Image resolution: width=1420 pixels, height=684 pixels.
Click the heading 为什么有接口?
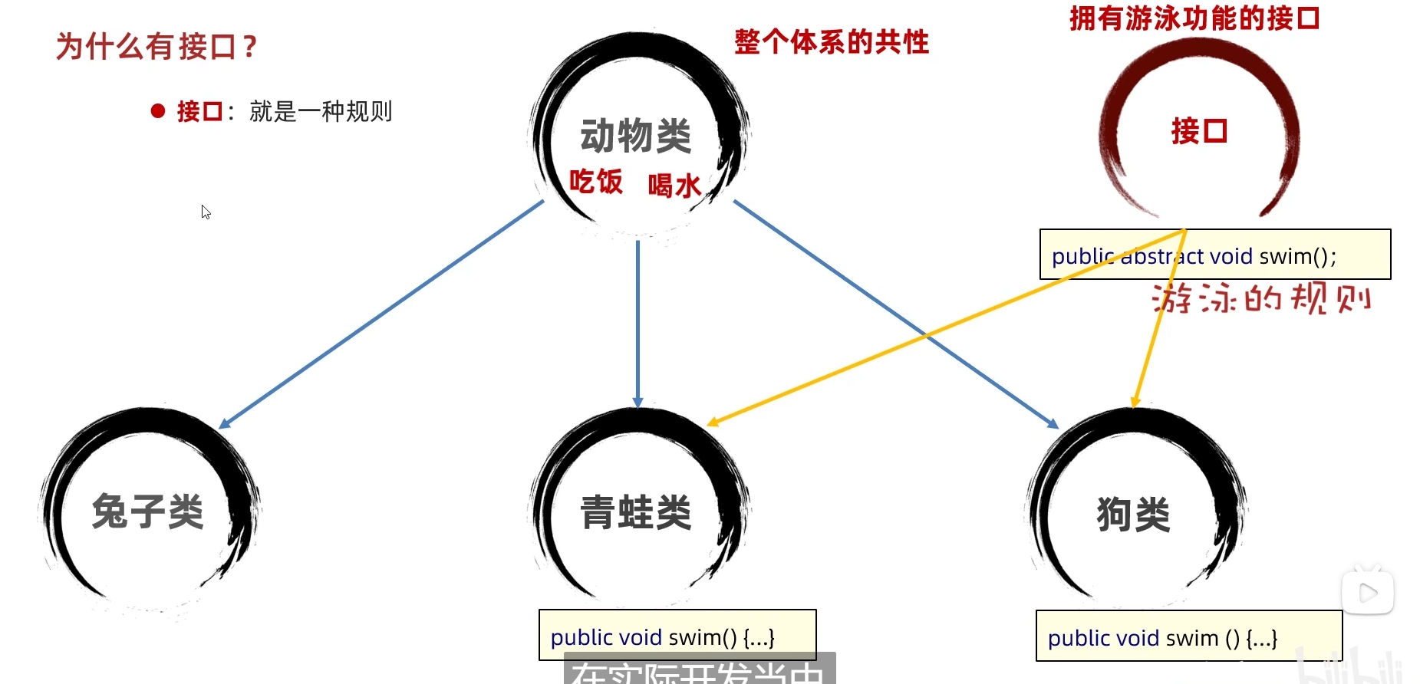pos(156,47)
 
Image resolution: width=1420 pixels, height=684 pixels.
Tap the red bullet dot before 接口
pos(158,111)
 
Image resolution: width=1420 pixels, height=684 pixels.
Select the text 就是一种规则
pos(321,112)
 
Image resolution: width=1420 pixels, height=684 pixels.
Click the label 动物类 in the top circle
pos(636,136)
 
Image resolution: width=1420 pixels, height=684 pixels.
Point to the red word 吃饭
pos(596,182)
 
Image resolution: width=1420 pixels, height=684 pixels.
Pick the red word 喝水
pos(674,186)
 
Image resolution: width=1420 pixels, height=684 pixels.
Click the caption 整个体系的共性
pos(832,41)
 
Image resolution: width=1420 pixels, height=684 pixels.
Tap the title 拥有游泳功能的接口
pos(1194,18)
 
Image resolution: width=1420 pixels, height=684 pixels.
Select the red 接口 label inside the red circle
pos(1199,131)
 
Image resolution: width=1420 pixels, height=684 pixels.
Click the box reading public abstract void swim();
pos(1214,255)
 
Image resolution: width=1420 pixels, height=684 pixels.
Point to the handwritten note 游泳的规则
pos(1261,298)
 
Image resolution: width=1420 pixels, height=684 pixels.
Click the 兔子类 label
pos(148,511)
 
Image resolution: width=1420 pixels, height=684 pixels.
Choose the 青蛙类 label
pos(636,512)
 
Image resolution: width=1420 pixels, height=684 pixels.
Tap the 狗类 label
pos(1134,514)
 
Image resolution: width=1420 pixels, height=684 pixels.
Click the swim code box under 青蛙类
pos(677,635)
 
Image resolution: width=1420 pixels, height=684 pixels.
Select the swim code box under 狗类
pos(1188,636)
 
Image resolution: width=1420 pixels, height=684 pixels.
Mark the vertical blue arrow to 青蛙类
pos(638,322)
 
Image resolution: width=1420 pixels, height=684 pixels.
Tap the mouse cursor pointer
pos(206,212)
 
